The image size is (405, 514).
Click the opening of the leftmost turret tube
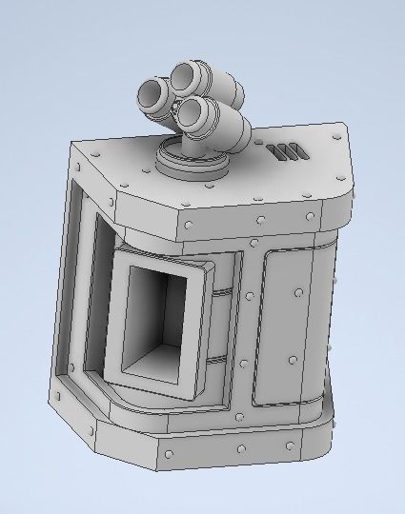point(152,94)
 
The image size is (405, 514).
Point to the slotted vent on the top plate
point(286,151)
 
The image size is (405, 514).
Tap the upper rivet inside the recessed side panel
point(298,289)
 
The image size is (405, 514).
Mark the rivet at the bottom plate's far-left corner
point(60,395)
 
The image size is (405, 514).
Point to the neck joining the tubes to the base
point(191,143)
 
